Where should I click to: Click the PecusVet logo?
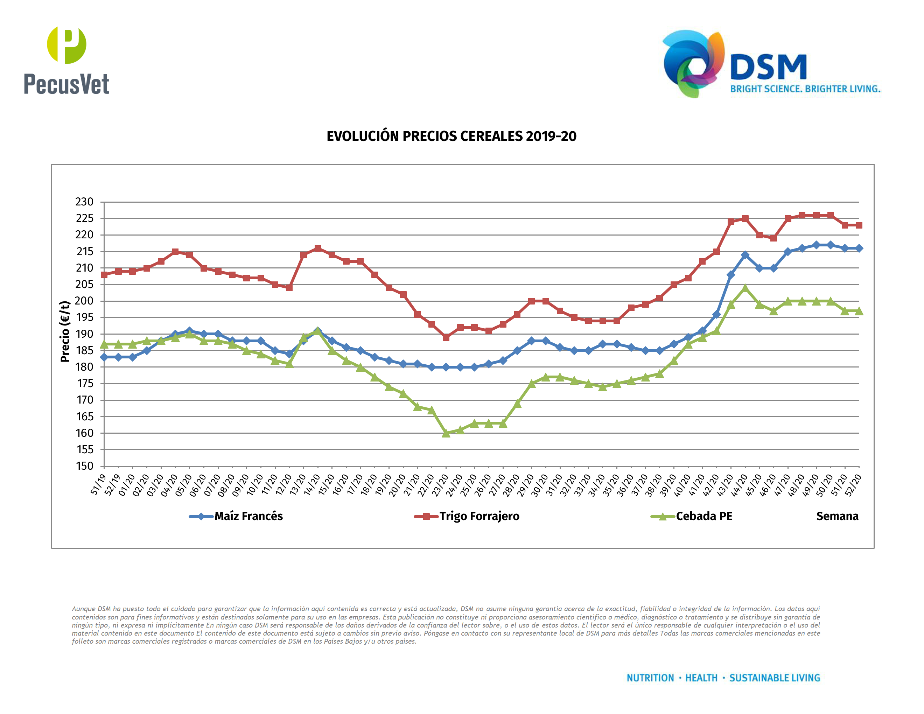pos(66,60)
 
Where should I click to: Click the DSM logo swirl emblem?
pos(693,63)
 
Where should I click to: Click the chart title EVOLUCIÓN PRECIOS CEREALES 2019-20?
pos(451,136)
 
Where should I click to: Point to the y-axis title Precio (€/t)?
pos(65,331)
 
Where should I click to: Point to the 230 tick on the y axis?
pos(84,202)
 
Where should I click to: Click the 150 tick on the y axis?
pos(84,466)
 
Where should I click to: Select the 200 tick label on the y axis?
pos(84,301)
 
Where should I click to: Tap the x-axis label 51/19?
pos(98,484)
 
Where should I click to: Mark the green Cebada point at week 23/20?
pos(446,433)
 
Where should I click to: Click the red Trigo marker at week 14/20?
pos(318,248)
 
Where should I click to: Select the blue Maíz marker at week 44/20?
pos(745,255)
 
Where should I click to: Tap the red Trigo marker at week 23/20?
pos(446,337)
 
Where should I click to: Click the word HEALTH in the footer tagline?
pos(701,678)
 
